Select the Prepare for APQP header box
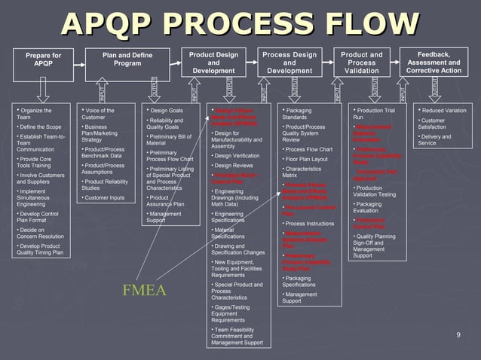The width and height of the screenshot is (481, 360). (43, 61)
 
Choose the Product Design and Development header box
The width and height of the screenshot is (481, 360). (213, 63)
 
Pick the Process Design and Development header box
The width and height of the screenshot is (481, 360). (289, 63)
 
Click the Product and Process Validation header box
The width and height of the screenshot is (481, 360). (361, 63)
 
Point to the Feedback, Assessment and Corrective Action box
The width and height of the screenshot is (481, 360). (434, 63)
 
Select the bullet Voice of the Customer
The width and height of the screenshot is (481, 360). (98, 114)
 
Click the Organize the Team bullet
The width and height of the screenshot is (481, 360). (36, 114)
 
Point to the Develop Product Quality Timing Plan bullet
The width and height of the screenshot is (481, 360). (40, 249)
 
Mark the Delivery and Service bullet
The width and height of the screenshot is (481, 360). (438, 140)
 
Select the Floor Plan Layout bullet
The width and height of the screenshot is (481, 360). (307, 159)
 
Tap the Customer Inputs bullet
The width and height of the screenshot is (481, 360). (105, 198)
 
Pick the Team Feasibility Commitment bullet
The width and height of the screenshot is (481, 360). (238, 336)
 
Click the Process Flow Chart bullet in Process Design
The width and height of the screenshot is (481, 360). (309, 149)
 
